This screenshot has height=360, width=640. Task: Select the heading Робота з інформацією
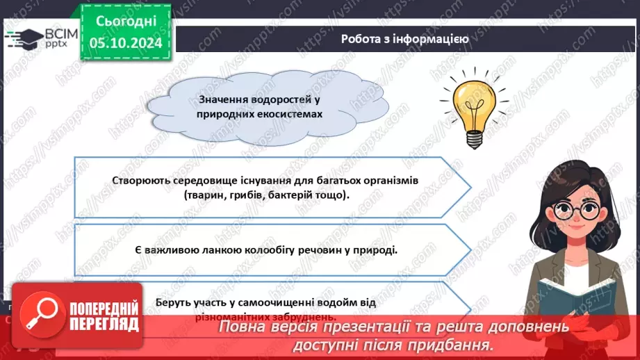(404, 39)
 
